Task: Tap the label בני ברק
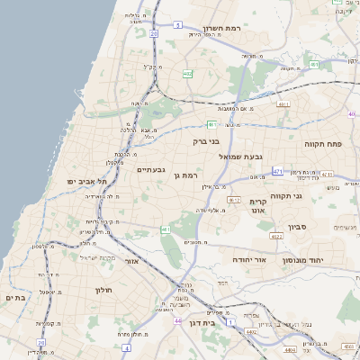(206, 140)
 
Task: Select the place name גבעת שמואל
(240, 156)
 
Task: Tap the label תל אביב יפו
(86, 181)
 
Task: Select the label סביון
(298, 227)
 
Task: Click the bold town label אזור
(131, 261)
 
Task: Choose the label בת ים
(13, 297)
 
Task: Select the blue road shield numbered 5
(178, 25)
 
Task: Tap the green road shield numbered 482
(186, 74)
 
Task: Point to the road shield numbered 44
(178, 320)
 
